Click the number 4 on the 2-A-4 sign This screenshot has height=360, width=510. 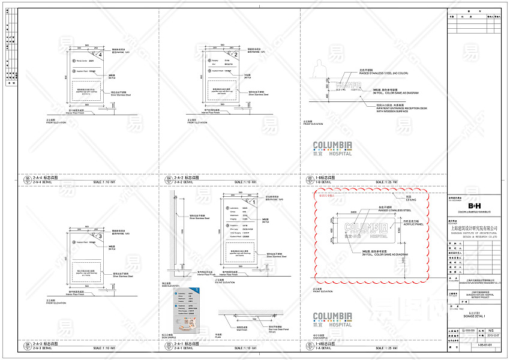point(101,55)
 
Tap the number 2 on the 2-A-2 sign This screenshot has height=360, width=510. point(236,55)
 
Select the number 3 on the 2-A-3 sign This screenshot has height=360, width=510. point(101,237)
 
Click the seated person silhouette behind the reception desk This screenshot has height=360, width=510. point(319,68)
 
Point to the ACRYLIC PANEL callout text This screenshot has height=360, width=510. point(399,225)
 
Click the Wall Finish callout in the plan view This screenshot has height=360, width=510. point(244,329)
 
